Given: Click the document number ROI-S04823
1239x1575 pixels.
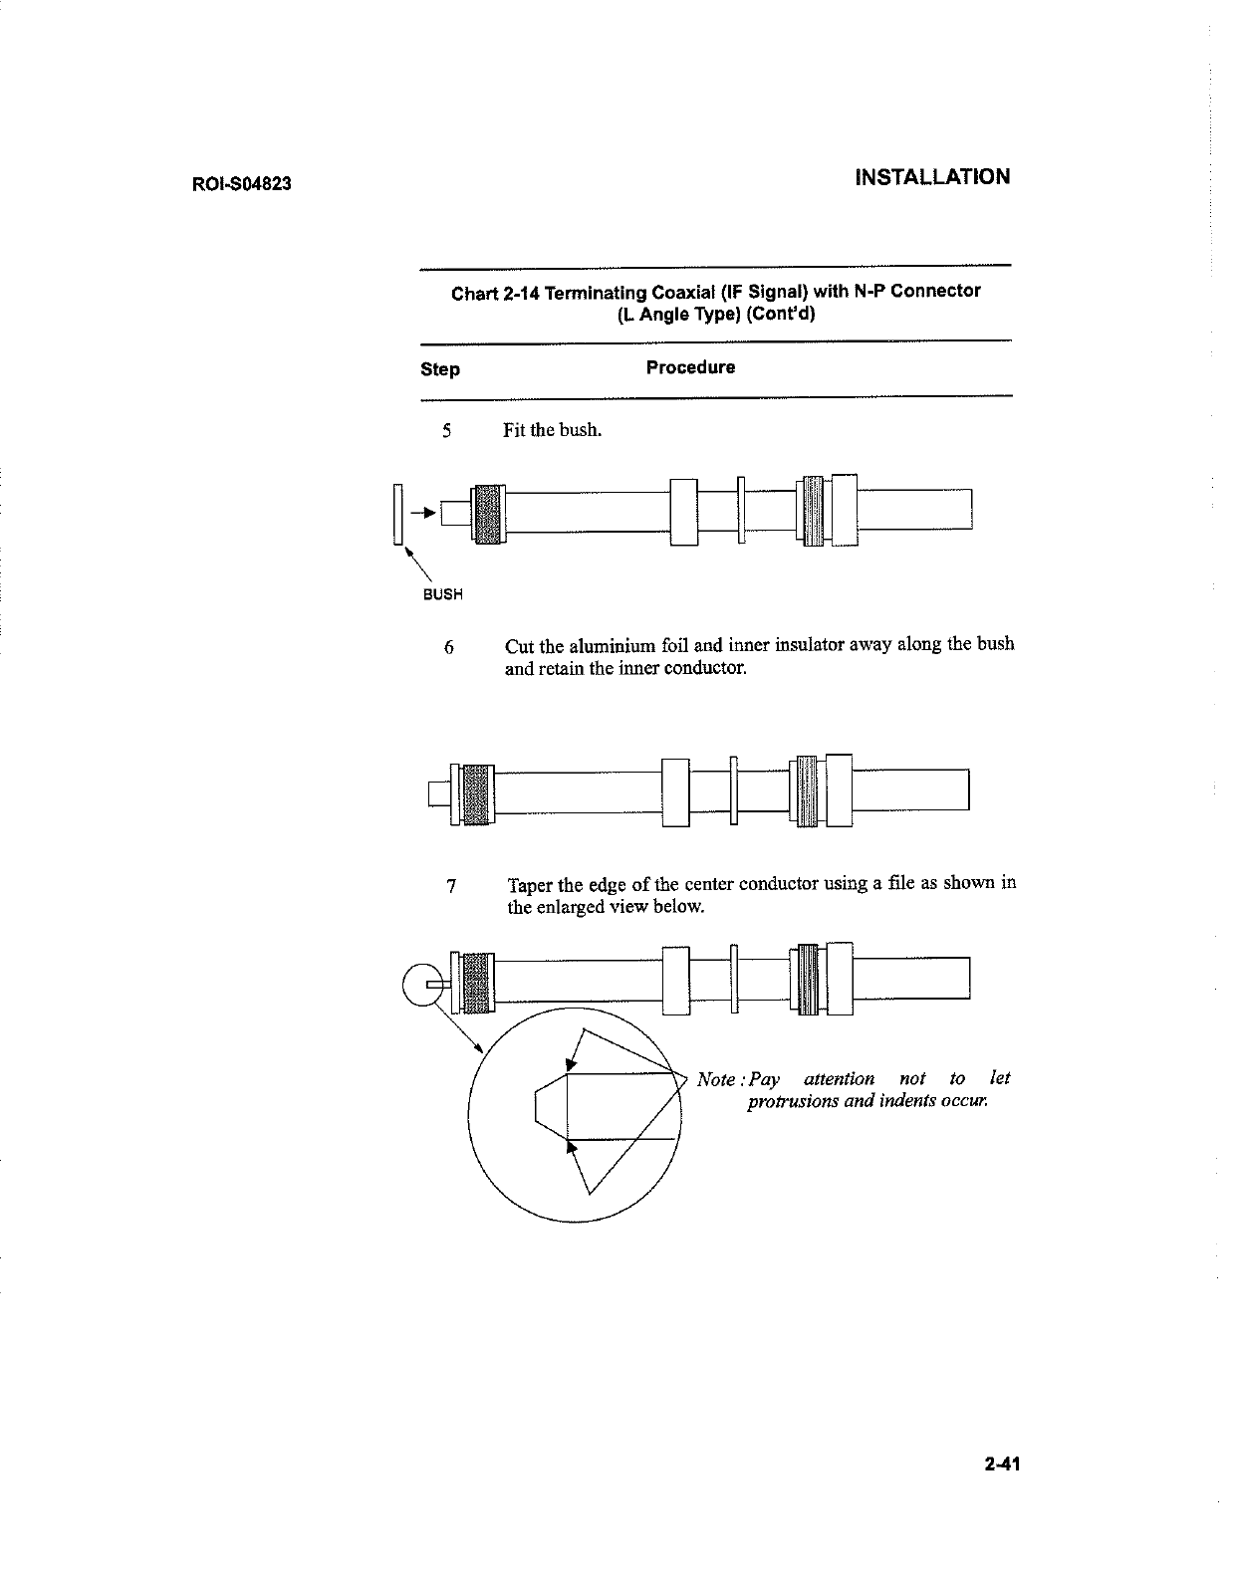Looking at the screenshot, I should pos(241,184).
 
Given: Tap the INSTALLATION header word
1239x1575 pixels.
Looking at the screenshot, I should pos(932,177).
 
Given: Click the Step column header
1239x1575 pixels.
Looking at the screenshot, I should pos(440,369).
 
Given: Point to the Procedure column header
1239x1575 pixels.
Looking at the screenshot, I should pos(690,367).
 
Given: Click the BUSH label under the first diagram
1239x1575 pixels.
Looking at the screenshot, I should pos(443,595).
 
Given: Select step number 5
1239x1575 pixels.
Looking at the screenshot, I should pos(447,431).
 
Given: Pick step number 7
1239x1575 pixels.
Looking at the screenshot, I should pos(451,885).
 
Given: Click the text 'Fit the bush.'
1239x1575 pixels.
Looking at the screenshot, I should pos(552,431).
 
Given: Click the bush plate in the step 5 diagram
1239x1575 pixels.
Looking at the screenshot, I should pos(397,514).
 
